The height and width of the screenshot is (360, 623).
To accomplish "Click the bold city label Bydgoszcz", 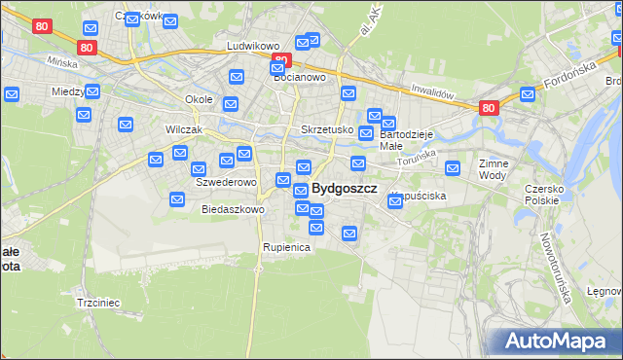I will coord(344,189).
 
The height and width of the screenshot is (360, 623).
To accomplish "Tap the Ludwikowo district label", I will coord(253,46).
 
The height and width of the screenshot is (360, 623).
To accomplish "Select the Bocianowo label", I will coord(298,77).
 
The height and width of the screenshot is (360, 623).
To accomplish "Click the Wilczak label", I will coord(156,129).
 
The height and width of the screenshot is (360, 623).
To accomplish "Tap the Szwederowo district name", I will coord(226,182).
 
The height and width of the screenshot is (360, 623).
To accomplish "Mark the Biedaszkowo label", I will coord(233,209).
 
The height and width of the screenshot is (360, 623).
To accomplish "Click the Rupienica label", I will coord(285,247).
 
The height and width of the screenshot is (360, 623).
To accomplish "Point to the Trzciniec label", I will coord(97,303).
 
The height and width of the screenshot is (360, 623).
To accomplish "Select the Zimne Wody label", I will coord(494,170).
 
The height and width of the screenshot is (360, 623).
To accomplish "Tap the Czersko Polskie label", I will coord(542,194).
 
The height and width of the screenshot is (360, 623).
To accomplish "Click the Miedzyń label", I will coord(69,91).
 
